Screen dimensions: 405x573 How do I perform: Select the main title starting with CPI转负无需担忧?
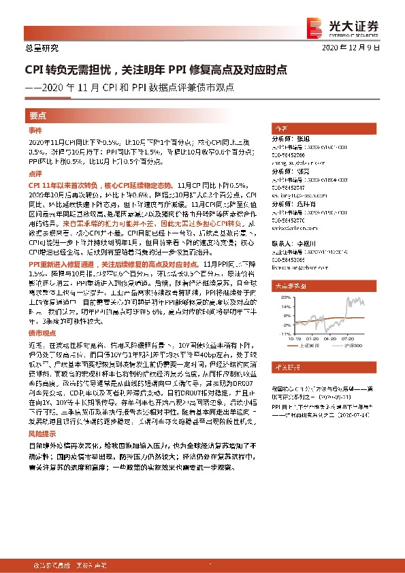pyautogui.click(x=156, y=69)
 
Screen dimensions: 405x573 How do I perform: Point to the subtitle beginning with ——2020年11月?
pyautogui.click(x=129, y=87)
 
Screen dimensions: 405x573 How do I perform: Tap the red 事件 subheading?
pyautogui.click(x=35, y=129)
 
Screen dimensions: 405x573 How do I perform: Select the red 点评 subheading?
pyautogui.click(x=35, y=174)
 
